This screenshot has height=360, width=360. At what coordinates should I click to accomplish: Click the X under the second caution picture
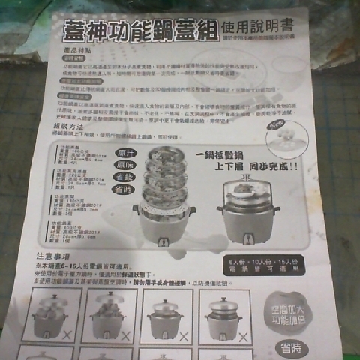124,334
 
